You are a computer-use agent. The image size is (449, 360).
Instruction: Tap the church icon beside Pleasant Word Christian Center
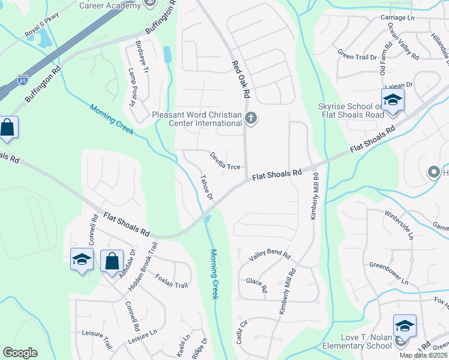[x=252, y=119]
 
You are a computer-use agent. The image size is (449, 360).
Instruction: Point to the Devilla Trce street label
[x=225, y=160]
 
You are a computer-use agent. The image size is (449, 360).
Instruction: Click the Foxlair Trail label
[x=172, y=280]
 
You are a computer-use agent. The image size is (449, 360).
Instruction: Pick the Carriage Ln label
[x=397, y=18]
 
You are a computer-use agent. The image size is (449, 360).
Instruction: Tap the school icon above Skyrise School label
[x=393, y=100]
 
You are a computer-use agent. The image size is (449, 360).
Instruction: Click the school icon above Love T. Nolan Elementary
[x=405, y=326]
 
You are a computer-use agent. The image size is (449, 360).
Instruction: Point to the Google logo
[x=20, y=353]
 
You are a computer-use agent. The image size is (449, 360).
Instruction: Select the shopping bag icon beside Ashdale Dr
[x=112, y=261]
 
